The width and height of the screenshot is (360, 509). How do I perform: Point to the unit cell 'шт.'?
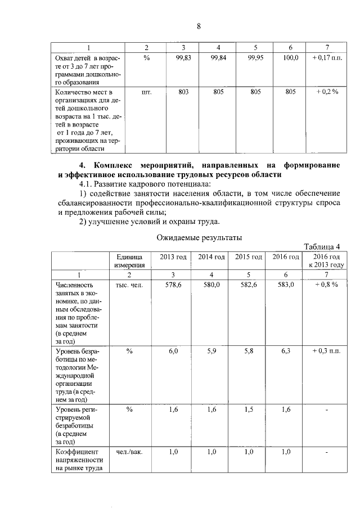pyautogui.click(x=146, y=91)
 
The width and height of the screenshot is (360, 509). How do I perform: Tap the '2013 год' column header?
pyautogui.click(x=173, y=257)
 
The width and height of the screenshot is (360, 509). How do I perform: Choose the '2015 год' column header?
pyautogui.click(x=248, y=257)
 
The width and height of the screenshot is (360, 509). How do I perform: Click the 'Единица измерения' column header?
pyautogui.click(x=129, y=261)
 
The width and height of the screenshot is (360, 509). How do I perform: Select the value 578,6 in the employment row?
pyautogui.click(x=173, y=285)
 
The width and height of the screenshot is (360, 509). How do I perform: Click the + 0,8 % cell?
pyautogui.click(x=326, y=285)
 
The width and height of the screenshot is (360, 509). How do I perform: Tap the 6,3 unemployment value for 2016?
pyautogui.click(x=286, y=351)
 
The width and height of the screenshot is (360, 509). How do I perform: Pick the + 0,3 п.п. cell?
pyautogui.click(x=326, y=351)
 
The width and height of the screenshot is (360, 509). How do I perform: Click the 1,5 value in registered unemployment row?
pyautogui.click(x=248, y=409)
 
